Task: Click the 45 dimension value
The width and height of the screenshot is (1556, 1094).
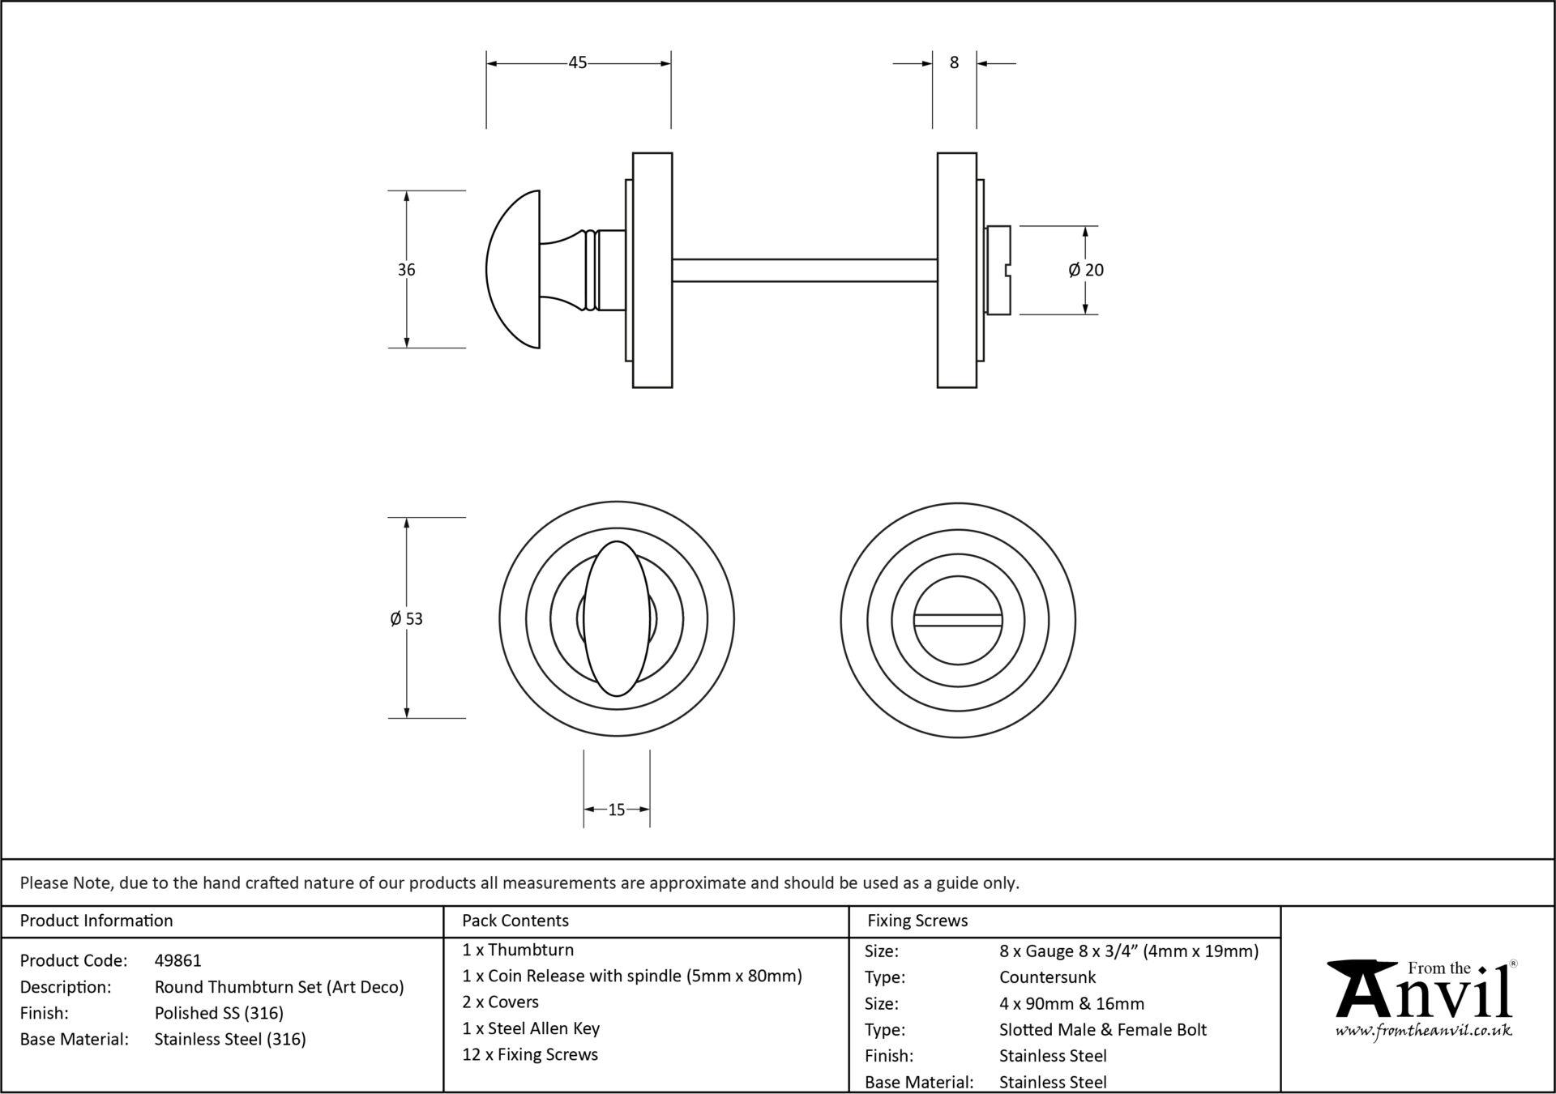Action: click(577, 62)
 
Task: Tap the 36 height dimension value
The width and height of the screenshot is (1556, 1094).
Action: click(406, 270)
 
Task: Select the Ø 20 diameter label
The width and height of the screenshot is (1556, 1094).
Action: click(1086, 270)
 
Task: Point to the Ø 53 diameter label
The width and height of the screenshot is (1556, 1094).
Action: click(406, 619)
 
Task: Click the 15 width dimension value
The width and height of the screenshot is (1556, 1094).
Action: click(616, 810)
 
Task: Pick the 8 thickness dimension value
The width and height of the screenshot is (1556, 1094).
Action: click(954, 62)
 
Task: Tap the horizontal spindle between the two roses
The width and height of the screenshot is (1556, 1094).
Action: click(805, 270)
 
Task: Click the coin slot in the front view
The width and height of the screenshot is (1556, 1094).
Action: click(957, 620)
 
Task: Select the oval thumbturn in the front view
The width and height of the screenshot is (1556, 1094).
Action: click(617, 618)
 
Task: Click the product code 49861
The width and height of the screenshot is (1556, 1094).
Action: click(178, 961)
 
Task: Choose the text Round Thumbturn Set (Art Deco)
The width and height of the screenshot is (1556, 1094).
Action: click(279, 987)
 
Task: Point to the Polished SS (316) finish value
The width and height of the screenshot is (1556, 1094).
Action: click(219, 1013)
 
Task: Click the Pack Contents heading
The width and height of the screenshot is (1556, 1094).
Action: click(515, 921)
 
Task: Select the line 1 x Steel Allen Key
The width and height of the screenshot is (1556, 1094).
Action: click(531, 1028)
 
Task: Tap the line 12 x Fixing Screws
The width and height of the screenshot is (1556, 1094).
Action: click(530, 1054)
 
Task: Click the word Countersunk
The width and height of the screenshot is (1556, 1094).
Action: click(1047, 977)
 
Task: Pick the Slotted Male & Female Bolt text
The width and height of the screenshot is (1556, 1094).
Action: click(1103, 1030)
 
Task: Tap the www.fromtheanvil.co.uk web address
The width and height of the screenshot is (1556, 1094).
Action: click(1424, 1031)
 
